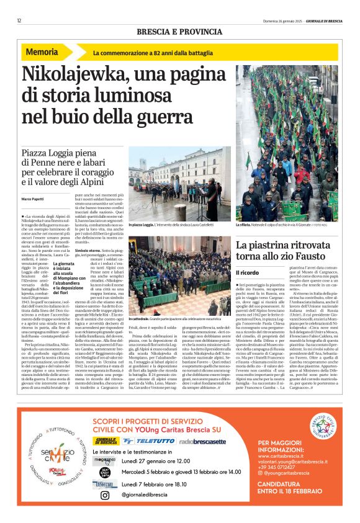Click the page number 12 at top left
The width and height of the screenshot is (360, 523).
point(19,20)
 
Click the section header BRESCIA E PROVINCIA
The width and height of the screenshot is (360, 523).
point(179,31)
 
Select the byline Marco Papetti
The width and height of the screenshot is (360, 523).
point(34,198)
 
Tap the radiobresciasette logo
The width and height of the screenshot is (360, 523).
point(202,441)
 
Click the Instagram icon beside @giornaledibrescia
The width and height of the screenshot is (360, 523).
point(105,495)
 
